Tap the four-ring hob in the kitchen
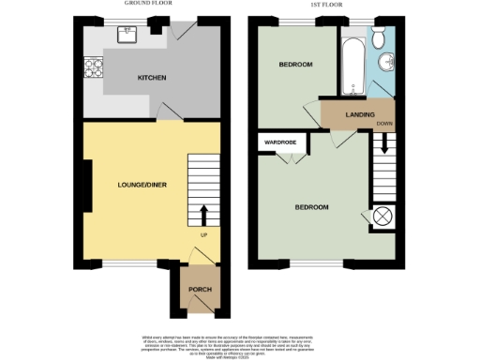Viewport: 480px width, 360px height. click(x=93, y=67)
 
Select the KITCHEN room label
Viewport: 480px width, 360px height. click(x=151, y=77)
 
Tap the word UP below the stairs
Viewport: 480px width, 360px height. click(x=203, y=234)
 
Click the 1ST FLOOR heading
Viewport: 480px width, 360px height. click(x=324, y=5)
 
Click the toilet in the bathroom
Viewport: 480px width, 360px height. click(x=378, y=38)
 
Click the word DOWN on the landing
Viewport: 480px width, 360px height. click(x=384, y=123)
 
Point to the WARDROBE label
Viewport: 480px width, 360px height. click(x=280, y=142)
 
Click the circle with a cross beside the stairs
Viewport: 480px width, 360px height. click(x=382, y=217)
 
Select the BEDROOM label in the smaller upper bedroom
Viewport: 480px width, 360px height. click(x=296, y=65)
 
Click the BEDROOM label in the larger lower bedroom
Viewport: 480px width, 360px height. click(x=312, y=206)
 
